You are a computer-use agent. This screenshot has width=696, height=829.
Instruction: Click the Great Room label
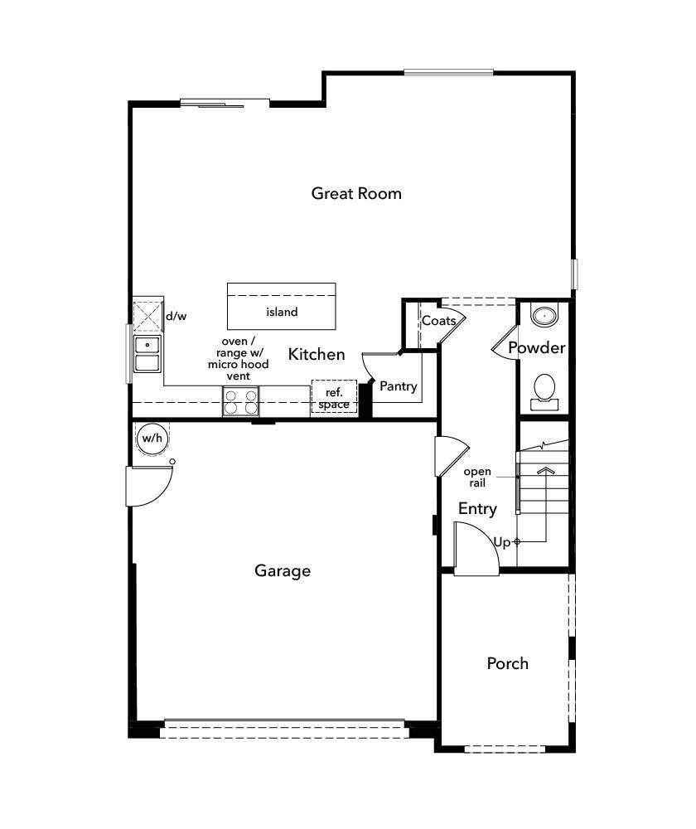tap(356, 193)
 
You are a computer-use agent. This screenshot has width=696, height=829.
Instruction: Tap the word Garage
tap(283, 570)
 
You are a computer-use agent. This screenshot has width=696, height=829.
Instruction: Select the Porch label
tap(507, 663)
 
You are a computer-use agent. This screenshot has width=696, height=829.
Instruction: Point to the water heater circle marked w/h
tap(151, 439)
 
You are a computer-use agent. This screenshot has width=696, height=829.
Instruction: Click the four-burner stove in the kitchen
tap(240, 402)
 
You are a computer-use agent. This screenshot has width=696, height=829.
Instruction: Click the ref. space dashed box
tap(334, 397)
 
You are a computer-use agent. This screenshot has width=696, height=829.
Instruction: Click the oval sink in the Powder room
tap(544, 315)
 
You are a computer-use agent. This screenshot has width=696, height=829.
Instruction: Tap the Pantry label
tap(398, 386)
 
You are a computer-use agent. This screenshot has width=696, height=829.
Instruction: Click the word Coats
tap(438, 321)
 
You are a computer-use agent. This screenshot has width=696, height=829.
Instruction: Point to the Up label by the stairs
tap(501, 542)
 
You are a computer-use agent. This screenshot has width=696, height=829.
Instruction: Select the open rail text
tap(477, 477)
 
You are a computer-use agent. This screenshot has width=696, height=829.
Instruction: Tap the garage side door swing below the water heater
tap(149, 486)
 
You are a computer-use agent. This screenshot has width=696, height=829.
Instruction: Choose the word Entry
tap(477, 509)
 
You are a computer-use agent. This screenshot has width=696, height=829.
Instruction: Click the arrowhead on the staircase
tap(544, 470)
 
